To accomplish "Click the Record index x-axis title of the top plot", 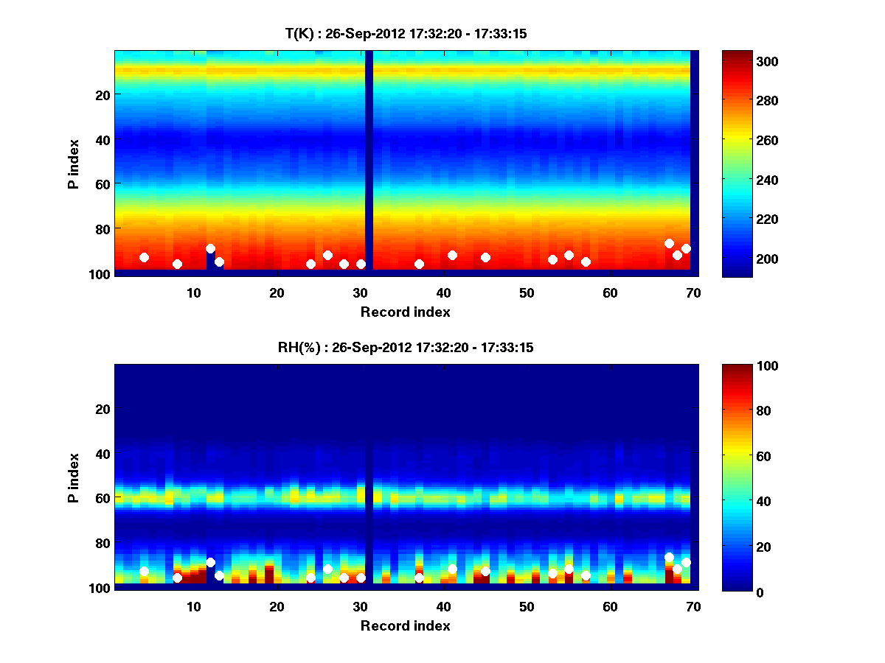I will coord(406,312).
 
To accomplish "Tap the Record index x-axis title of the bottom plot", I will coord(406,625).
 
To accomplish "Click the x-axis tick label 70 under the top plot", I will coord(693,292).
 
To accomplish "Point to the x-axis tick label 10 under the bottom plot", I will coord(193,606).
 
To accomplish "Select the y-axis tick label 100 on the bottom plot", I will coord(100,588).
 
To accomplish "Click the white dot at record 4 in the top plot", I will coord(144,257).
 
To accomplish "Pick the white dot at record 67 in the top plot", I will coord(669,243).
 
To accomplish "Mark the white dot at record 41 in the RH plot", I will coord(452,569).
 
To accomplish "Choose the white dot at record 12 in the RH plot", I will coord(210,562).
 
